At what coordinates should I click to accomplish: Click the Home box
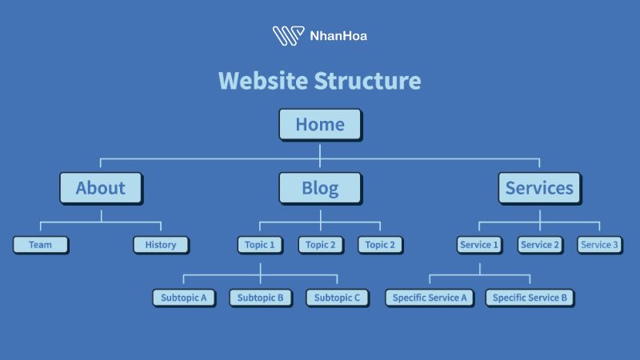[320, 125]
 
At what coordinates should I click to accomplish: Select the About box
[101, 189]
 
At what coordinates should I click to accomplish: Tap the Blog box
[320, 189]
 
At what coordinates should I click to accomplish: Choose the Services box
[539, 189]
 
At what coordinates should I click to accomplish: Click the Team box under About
[40, 245]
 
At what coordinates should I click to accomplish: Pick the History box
[161, 245]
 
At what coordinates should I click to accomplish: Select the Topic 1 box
[260, 245]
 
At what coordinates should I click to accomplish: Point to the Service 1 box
[479, 245]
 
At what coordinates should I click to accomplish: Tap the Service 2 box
[539, 245]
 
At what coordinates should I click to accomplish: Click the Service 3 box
[599, 245]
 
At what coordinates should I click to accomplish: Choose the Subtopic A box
[183, 298]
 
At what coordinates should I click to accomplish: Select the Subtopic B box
[260, 298]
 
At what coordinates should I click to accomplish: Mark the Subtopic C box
[337, 298]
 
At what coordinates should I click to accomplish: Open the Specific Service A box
[430, 298]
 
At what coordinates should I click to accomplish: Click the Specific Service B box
[530, 298]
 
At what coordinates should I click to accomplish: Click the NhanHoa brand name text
[338, 36]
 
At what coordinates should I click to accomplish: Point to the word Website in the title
[262, 81]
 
